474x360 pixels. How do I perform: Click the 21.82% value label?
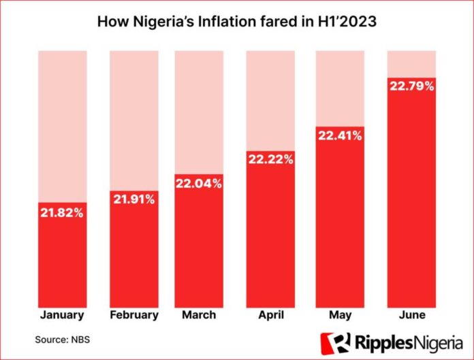pyautogui.click(x=62, y=213)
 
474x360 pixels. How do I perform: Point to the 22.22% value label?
pyautogui.click(x=270, y=159)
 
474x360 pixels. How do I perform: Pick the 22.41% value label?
pyautogui.click(x=338, y=135)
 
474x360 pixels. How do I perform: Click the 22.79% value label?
pyautogui.click(x=411, y=87)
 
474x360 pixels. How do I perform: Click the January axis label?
pyautogui.click(x=62, y=315)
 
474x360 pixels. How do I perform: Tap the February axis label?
pyautogui.click(x=133, y=315)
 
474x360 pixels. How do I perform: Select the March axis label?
pyautogui.click(x=199, y=315)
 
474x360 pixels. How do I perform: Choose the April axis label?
pyautogui.click(x=270, y=315)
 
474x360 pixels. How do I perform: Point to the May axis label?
pyautogui.click(x=338, y=315)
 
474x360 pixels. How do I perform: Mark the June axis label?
pyautogui.click(x=411, y=315)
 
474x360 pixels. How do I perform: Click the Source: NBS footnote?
pyautogui.click(x=62, y=338)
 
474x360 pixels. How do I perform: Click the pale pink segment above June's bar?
pyautogui.click(x=411, y=63)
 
